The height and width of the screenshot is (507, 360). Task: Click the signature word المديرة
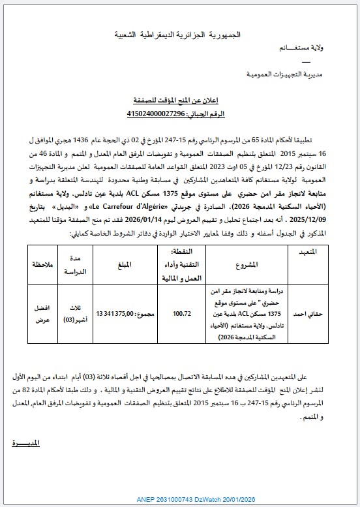click(x=26, y=444)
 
